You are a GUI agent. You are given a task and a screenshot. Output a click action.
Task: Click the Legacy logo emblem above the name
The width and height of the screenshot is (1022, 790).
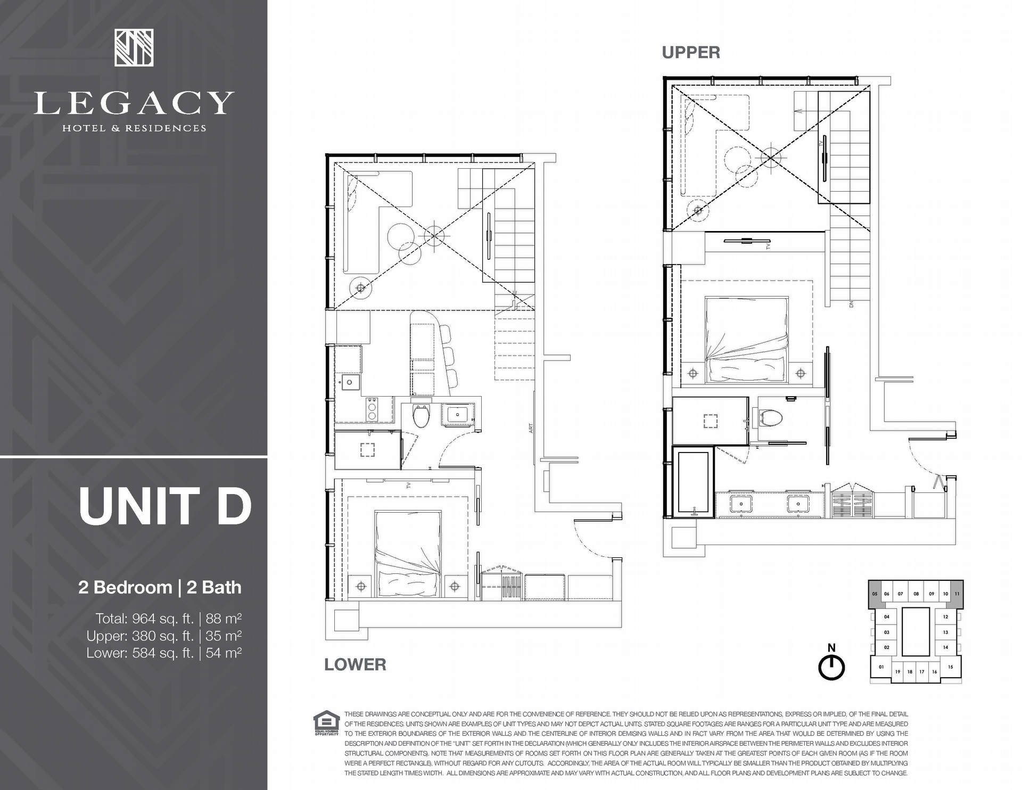click(134, 48)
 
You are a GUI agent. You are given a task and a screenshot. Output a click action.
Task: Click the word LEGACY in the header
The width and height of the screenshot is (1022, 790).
click(134, 103)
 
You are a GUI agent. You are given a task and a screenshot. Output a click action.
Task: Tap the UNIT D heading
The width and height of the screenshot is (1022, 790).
click(165, 505)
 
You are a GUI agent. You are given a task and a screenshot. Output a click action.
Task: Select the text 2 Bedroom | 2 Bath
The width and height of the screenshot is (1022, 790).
click(160, 587)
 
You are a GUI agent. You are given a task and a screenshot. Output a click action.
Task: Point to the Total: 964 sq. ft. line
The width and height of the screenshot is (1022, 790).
click(169, 619)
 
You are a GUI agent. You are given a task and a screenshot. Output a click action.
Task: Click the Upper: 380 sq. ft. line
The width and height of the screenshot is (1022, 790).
click(164, 636)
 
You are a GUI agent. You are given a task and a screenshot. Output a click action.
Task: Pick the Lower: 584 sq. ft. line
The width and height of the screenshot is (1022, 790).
click(164, 653)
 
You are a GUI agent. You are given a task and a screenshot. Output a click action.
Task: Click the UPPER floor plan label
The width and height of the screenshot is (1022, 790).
click(691, 52)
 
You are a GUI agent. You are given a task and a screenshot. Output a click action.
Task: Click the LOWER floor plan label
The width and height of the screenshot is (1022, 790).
click(355, 664)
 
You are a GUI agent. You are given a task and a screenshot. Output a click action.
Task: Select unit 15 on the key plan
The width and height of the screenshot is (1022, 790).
click(950, 666)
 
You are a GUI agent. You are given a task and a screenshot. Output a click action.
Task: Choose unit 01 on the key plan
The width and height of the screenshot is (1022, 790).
click(881, 666)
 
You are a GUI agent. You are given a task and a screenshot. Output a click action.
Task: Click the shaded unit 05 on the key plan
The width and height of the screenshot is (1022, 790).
click(875, 594)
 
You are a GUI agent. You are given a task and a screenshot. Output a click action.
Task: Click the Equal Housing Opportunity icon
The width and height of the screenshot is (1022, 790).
click(326, 724)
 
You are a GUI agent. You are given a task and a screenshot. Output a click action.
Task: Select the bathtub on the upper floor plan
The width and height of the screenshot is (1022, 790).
click(693, 482)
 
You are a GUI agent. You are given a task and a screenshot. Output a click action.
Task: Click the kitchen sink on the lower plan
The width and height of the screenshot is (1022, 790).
click(351, 382)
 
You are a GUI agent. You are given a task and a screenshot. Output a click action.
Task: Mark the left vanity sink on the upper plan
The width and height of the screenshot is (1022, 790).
click(741, 503)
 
